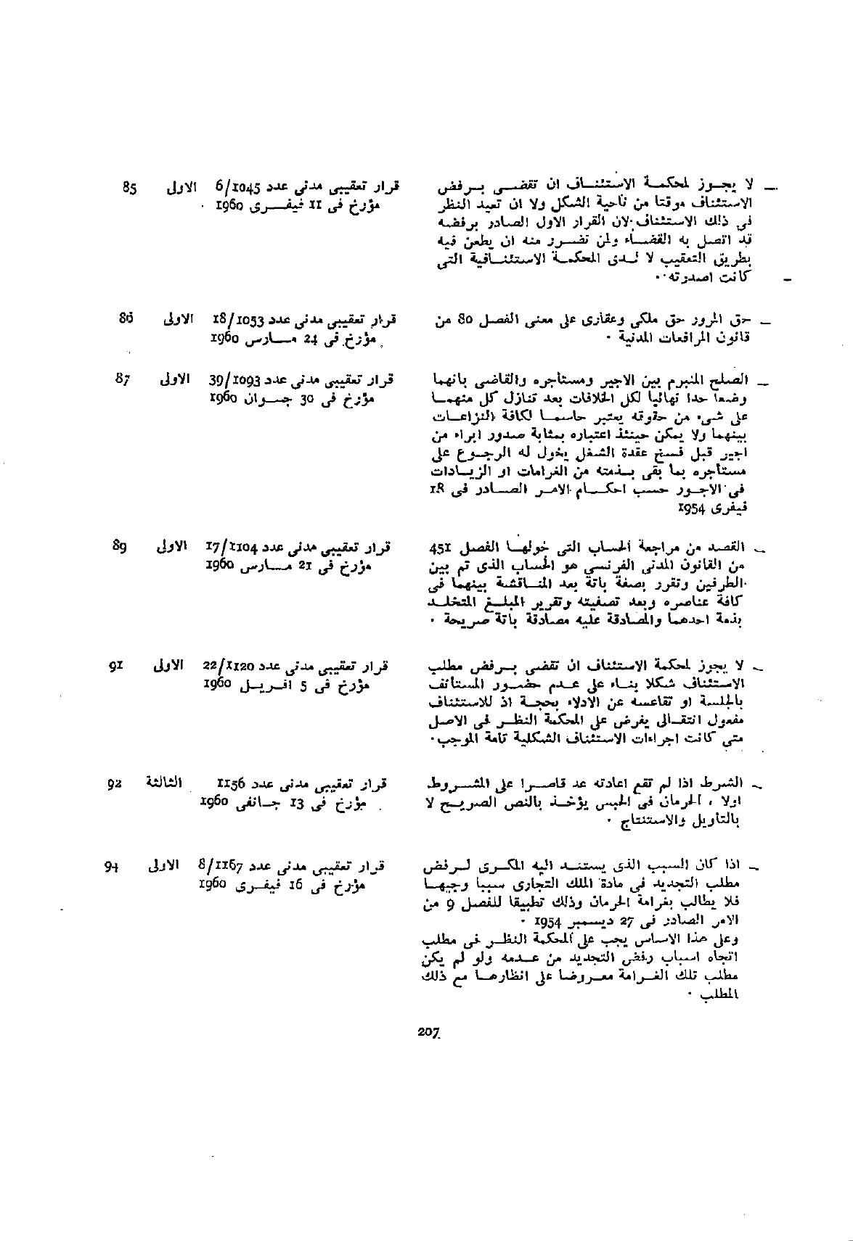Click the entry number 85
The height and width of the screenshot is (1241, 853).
[x=130, y=187]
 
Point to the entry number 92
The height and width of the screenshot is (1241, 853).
[x=114, y=783]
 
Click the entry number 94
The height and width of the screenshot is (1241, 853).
[x=111, y=865]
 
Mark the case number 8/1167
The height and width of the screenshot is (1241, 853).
[x=221, y=865]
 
